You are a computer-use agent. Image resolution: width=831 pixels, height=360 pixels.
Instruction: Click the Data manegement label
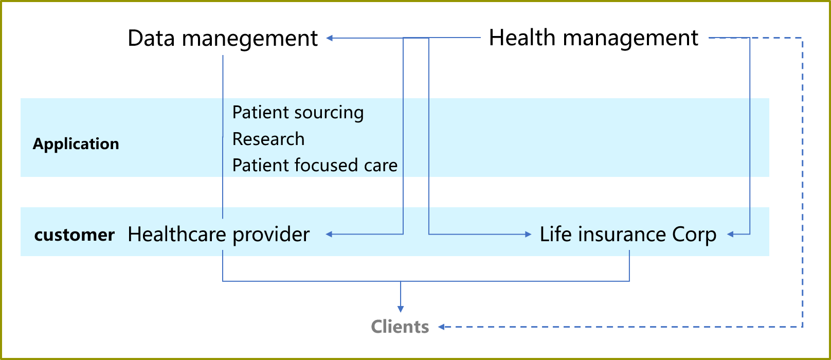[x=223, y=39]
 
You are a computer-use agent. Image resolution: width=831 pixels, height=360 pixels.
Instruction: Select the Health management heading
[x=593, y=38]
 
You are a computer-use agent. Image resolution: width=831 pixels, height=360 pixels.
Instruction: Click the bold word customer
[x=75, y=235]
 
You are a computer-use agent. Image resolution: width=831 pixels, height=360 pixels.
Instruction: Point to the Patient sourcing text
[x=298, y=113]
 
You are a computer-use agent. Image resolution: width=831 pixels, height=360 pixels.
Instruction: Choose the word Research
[x=268, y=139]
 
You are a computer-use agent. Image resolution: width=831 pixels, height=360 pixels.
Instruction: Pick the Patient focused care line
[x=315, y=165]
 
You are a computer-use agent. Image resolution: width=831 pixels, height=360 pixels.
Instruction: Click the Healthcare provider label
[x=219, y=235]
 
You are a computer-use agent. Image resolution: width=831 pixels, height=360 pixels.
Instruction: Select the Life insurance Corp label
[x=628, y=235]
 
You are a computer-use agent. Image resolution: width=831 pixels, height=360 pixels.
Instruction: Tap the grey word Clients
[x=400, y=327]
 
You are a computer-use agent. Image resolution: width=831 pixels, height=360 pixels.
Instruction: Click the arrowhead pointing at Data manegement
[x=330, y=38]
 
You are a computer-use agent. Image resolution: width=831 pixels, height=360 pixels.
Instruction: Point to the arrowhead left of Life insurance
[x=528, y=234]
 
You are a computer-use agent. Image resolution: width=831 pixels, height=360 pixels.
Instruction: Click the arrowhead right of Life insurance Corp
[x=730, y=234]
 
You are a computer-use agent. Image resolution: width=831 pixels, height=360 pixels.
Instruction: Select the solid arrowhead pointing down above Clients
[x=400, y=309]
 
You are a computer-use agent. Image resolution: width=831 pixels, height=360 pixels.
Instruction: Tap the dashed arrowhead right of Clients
[x=441, y=327]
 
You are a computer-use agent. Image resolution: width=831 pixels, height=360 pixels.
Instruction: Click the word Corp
[x=694, y=235]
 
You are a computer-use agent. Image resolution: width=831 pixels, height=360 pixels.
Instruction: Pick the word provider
[x=271, y=235]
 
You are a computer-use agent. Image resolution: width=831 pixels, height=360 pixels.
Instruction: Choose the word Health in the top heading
[x=522, y=38]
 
